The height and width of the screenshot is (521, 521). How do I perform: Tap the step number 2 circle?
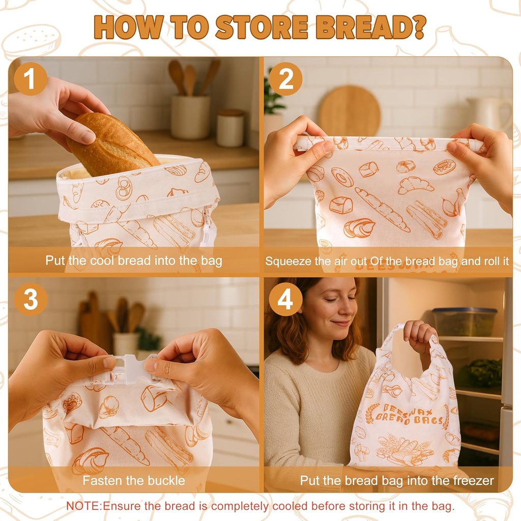[285, 79]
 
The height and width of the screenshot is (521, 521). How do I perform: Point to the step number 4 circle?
[285, 299]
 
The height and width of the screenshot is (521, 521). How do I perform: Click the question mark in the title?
[418, 28]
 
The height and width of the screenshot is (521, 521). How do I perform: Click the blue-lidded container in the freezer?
[464, 321]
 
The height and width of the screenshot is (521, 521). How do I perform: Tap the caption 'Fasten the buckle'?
[134, 480]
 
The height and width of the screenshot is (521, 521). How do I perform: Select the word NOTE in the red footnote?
[84, 506]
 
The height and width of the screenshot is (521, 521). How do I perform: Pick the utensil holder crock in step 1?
[190, 117]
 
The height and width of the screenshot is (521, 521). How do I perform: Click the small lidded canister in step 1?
[230, 128]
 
